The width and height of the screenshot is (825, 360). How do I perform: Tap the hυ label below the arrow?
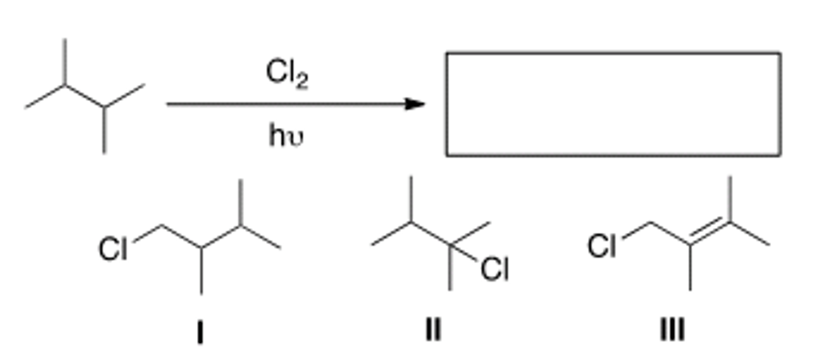pos(285,136)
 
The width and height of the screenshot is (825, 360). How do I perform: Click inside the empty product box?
pos(613,104)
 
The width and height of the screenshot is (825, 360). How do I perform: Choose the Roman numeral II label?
pos(433,330)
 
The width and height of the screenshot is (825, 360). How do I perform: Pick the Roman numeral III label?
pos(672,330)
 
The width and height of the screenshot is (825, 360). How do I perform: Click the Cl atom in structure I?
pos(113,249)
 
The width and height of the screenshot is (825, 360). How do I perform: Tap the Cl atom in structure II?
pos(494,269)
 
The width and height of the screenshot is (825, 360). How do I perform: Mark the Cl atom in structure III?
pos(602,247)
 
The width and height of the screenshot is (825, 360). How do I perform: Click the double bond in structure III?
pos(709,232)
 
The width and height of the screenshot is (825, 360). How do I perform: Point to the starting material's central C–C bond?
pos(84,96)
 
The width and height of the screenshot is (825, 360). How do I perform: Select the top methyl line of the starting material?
pos(65,62)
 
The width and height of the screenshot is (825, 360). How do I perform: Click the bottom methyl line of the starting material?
pos(104,130)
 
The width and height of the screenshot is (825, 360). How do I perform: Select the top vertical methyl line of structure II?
pos(410,199)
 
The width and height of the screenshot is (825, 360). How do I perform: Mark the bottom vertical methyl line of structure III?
pos(690,268)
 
